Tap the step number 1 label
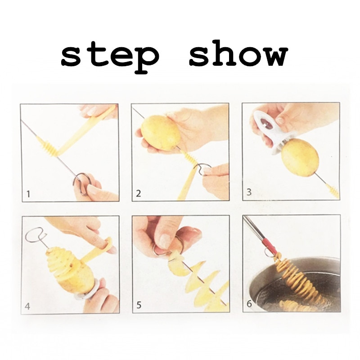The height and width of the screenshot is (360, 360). (x=28, y=194)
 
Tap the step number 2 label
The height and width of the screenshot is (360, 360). (x=139, y=194)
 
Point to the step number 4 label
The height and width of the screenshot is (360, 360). (x=28, y=307)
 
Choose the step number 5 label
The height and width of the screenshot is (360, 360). (x=139, y=306)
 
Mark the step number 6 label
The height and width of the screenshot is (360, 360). (x=249, y=303)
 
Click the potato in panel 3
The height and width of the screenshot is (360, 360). (x=300, y=157)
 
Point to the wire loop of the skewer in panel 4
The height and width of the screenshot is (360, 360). (x=36, y=235)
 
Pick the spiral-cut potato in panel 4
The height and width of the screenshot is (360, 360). (x=67, y=270)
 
